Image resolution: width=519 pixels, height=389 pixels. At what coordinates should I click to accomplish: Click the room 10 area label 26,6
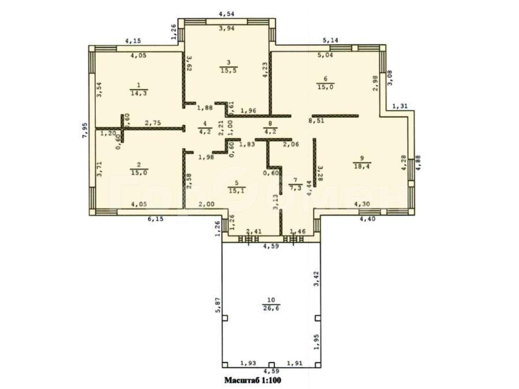click(271, 308)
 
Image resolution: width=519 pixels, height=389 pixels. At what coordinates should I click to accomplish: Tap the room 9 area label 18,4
click(362, 166)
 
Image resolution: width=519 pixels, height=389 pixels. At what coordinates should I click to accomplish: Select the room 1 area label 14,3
click(139, 93)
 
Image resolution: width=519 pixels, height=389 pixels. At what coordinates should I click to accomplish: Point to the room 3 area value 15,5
click(229, 70)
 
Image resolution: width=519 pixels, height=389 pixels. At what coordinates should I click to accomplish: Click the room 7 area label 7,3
click(295, 188)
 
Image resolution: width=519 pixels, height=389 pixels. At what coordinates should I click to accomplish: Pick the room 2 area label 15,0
click(139, 172)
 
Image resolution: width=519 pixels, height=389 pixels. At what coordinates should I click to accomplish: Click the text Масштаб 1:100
click(253, 380)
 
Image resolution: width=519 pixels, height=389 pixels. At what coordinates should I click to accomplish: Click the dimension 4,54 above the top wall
click(227, 14)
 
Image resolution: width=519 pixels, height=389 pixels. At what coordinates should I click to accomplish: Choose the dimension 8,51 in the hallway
click(316, 121)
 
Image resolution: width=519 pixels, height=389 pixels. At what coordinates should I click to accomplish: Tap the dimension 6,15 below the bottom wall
click(155, 219)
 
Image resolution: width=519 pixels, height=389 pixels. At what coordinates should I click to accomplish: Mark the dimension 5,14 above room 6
click(330, 40)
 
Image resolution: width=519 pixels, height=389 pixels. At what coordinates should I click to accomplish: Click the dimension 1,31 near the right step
click(400, 107)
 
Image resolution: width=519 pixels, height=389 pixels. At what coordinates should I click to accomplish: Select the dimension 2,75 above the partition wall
click(153, 123)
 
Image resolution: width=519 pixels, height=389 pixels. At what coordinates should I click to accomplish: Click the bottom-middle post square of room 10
click(271, 365)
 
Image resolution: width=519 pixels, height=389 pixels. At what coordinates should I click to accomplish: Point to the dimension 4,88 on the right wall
click(419, 163)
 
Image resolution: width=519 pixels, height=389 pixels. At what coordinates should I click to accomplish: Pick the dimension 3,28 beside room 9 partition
click(320, 173)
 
